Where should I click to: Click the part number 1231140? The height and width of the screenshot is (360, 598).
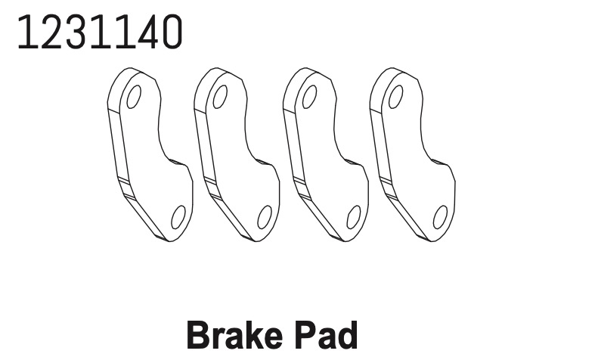[100, 32]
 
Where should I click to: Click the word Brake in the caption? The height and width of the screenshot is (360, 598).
[235, 335]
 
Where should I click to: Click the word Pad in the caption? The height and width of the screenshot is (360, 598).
[327, 335]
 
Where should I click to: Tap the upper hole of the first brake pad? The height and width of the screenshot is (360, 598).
[134, 97]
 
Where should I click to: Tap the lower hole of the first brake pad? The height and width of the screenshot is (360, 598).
[178, 217]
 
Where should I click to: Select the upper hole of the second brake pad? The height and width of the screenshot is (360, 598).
[220, 97]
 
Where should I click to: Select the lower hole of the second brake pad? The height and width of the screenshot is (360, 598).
[265, 217]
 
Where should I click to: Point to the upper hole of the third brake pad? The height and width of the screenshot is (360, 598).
[309, 97]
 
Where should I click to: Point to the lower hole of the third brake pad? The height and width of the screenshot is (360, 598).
[354, 217]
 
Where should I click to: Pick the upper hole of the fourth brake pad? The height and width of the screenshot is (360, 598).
[396, 97]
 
